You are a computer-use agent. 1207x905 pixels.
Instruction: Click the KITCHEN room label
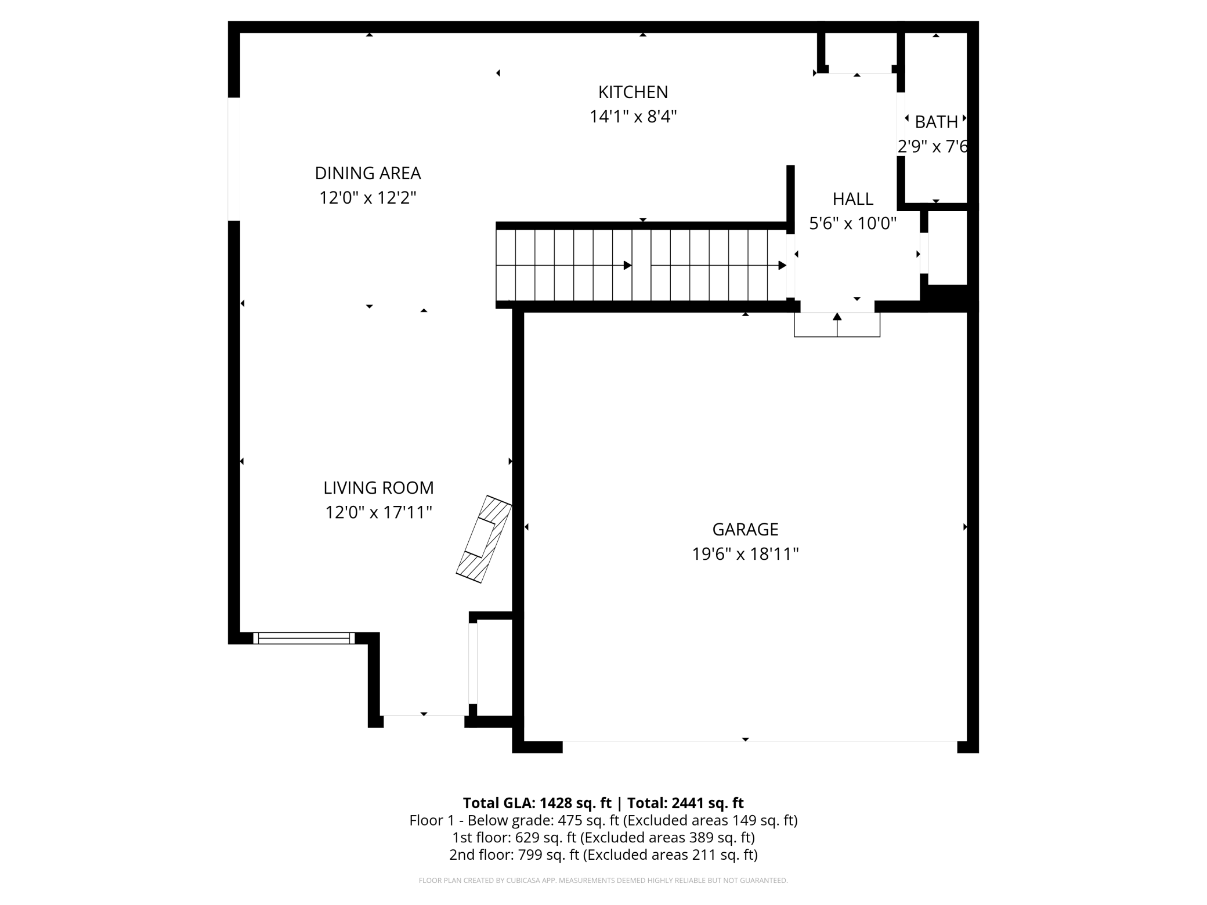[633, 92]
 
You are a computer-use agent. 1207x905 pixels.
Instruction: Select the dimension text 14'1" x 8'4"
[633, 117]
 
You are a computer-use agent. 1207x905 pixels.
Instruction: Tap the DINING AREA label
[367, 173]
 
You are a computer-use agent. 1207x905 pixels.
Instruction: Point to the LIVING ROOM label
[378, 488]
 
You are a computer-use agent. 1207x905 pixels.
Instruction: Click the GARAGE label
[745, 530]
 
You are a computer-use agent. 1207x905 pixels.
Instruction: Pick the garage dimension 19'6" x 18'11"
[745, 555]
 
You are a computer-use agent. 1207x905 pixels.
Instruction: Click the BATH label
[935, 122]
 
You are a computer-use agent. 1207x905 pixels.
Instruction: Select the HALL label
[852, 199]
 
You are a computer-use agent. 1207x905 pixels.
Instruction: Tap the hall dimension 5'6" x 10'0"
[852, 223]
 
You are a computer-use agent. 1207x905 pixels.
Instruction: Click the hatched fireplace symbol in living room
[483, 539]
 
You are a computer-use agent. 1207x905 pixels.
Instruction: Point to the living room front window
[303, 638]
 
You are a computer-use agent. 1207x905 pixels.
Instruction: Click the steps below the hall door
[837, 325]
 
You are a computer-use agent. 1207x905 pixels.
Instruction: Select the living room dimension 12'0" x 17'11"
[378, 513]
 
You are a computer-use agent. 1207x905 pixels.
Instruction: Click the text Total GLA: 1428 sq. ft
[537, 803]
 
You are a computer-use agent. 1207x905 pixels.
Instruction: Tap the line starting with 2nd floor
[603, 855]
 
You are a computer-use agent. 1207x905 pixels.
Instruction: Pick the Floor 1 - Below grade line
[603, 820]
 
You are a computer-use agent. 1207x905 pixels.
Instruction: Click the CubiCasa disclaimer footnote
[603, 881]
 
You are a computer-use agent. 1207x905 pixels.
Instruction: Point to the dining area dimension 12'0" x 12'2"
[367, 198]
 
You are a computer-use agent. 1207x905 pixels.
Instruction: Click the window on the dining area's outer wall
[234, 159]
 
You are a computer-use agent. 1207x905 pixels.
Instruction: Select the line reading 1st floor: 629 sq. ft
[603, 838]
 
